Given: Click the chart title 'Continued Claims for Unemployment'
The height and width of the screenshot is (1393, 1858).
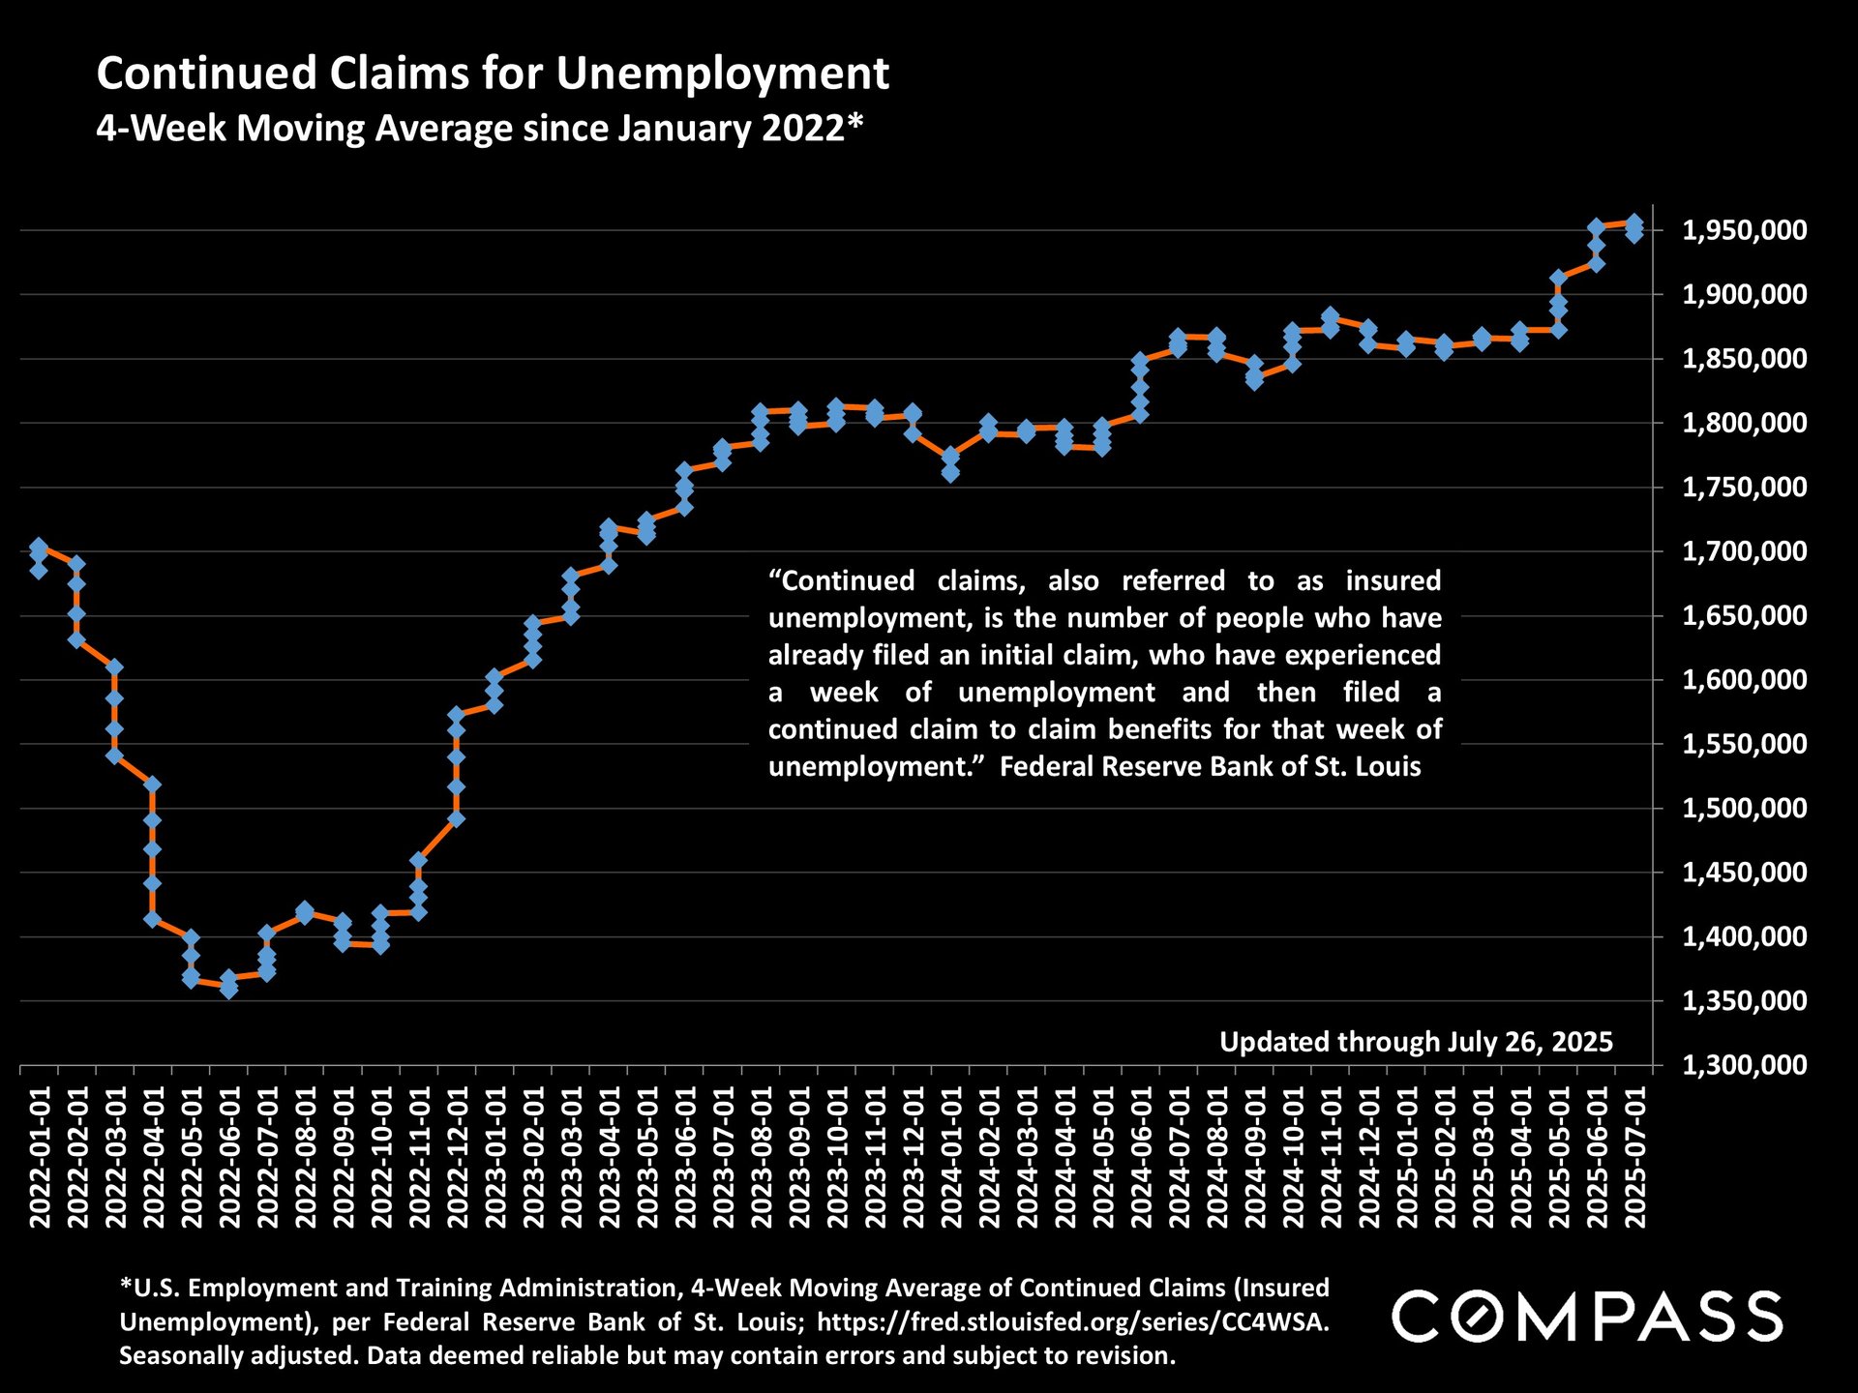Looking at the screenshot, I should (493, 74).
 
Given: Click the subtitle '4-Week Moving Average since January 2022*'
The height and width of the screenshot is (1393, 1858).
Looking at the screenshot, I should (479, 128).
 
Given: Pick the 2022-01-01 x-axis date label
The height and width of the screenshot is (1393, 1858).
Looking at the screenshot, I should (40, 1157).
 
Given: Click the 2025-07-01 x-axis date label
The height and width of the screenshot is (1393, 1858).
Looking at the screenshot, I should (1635, 1157).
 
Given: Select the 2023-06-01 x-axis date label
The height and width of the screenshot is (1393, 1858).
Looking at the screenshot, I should (685, 1157).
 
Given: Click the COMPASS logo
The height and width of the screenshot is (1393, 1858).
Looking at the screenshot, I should (1587, 1317).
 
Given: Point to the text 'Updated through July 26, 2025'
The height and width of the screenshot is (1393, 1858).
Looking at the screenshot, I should (1416, 1042).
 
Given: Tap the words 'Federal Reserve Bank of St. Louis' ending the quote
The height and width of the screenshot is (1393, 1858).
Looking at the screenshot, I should (1210, 767).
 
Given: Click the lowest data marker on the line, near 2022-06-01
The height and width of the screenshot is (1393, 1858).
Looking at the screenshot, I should (228, 989).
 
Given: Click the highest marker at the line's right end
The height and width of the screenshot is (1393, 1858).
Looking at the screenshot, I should (1633, 223).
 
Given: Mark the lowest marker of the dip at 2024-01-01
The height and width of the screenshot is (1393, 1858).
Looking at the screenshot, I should (950, 473).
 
